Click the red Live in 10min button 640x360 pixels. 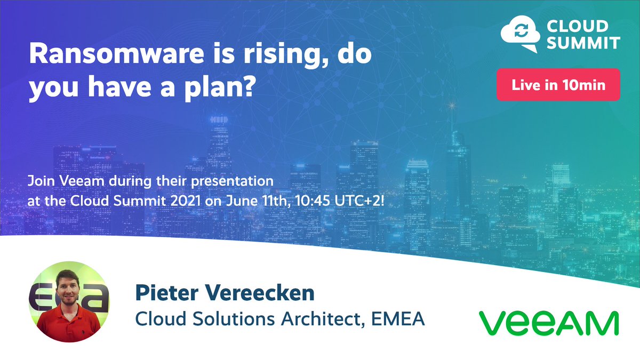558,85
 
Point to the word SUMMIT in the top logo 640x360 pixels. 581,43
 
